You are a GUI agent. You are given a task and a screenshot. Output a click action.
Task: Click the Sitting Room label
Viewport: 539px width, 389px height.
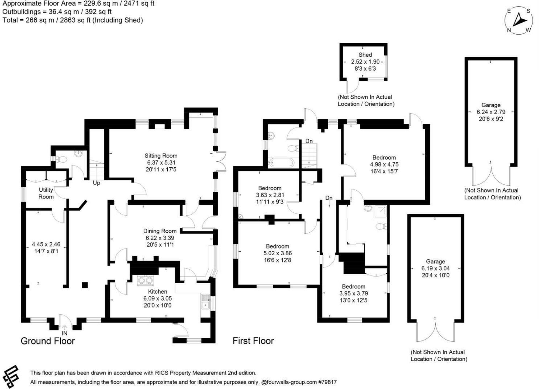pos(161,156)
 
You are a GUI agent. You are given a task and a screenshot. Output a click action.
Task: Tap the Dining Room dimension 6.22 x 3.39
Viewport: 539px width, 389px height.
pos(160,238)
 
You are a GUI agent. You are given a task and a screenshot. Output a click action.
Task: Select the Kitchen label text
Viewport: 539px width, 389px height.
pos(158,291)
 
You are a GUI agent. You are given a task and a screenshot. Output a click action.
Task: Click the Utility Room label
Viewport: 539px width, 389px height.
pos(46,193)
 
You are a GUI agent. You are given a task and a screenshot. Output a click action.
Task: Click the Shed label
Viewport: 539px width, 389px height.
pos(365,55)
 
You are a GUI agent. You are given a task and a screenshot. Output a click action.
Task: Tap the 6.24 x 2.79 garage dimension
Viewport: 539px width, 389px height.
pos(491,112)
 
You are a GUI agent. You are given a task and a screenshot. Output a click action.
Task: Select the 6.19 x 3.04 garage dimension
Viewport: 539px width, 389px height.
pos(435,268)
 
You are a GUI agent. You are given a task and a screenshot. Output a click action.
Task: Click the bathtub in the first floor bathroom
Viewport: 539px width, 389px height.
pos(281,162)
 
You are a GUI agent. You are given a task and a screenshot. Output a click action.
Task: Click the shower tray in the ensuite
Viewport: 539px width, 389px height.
pos(380,211)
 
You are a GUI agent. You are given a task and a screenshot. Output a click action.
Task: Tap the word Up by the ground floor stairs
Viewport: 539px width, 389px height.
pos(96,183)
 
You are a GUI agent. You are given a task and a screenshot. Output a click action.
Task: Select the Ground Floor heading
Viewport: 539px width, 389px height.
pos(48,341)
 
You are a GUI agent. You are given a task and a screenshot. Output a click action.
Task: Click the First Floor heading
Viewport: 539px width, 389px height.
pos(253,341)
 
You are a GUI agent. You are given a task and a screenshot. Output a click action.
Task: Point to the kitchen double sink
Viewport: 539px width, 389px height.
pos(205,302)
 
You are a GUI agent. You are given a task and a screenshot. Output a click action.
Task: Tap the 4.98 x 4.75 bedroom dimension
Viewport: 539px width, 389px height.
pos(384,164)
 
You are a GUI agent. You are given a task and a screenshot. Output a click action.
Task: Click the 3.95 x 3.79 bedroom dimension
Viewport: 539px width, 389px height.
pos(354,293)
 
